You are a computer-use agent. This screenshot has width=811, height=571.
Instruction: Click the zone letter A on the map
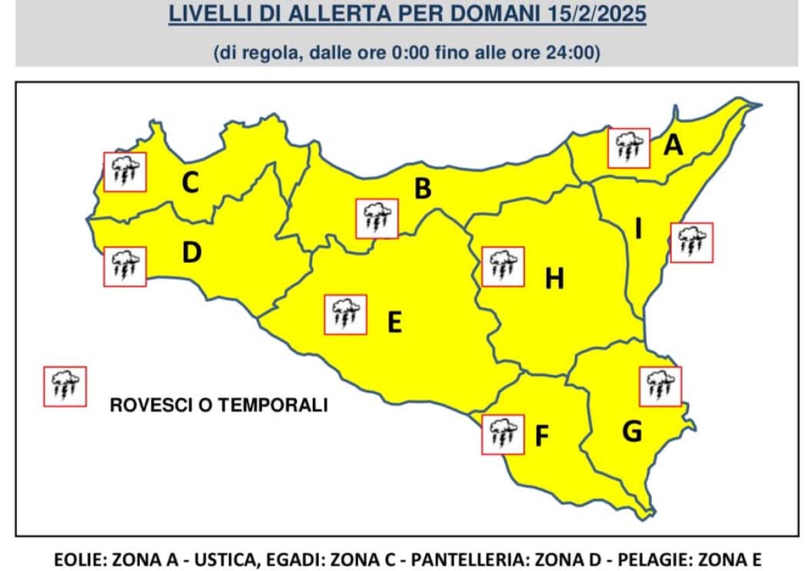click(673, 145)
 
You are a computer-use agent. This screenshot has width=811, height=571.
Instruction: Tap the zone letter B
click(422, 189)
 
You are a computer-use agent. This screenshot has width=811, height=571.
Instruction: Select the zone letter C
click(191, 182)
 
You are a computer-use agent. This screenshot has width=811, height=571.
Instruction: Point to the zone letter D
click(192, 253)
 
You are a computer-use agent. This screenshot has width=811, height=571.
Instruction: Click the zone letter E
click(395, 322)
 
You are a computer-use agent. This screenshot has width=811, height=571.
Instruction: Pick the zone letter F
click(541, 437)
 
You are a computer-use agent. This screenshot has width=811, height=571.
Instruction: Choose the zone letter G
click(632, 430)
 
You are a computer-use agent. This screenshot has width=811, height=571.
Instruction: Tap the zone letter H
click(554, 278)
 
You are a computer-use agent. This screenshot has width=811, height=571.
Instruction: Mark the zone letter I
click(638, 230)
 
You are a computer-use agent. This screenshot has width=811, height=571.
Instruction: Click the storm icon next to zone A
click(629, 148)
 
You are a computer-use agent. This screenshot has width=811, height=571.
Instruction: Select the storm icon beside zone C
click(124, 172)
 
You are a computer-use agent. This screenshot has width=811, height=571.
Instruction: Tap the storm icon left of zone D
click(124, 266)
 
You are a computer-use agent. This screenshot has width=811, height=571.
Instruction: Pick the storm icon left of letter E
click(345, 314)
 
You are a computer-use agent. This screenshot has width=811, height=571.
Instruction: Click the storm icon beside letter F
click(502, 435)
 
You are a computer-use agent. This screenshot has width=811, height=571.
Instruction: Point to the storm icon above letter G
click(660, 387)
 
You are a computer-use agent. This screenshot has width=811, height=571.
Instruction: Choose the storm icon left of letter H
click(502, 266)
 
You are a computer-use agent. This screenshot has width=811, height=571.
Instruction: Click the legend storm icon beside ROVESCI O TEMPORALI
click(65, 387)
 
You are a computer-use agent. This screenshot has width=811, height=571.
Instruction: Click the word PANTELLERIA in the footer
click(460, 560)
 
